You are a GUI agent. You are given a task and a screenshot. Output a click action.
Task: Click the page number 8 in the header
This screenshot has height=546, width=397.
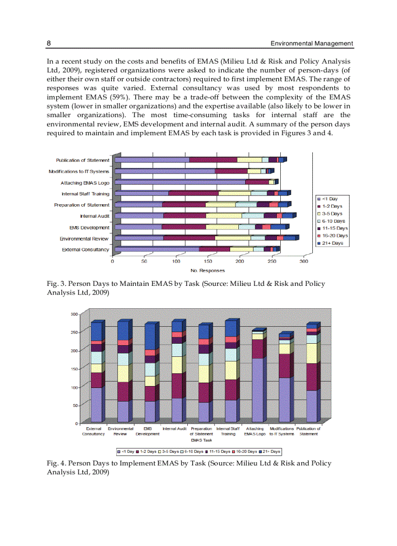coord(49,43)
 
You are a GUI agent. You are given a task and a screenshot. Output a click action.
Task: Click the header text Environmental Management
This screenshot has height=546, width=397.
coord(312,43)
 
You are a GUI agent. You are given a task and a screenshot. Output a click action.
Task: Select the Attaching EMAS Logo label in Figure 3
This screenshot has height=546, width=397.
coord(85,183)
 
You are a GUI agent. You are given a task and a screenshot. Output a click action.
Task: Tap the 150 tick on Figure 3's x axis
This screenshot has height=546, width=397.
coord(208,261)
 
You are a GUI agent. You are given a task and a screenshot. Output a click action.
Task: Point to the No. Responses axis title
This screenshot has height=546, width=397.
coord(208,270)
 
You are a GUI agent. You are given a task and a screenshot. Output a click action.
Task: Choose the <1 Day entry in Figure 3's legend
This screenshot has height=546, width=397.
coord(329,199)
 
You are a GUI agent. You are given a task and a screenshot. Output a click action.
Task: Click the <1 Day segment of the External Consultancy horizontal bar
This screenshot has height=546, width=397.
coord(156,249)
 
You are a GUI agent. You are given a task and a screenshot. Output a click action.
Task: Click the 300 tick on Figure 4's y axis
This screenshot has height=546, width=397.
coord(74,315)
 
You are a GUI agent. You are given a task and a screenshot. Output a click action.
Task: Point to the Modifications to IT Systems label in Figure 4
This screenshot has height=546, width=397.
coord(282,431)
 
